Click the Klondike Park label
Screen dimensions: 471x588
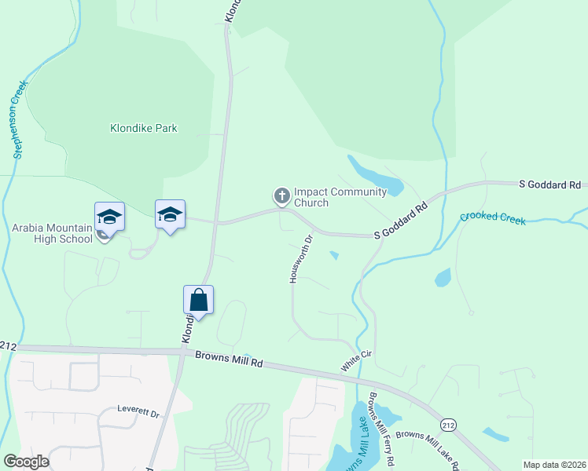pos(143,128)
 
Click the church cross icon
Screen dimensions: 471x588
pos(281,195)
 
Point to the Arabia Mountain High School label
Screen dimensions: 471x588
pos(52,233)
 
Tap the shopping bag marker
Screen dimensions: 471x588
pos(199,300)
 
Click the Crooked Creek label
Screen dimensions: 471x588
pos(492,217)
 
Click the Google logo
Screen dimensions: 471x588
pos(26,462)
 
